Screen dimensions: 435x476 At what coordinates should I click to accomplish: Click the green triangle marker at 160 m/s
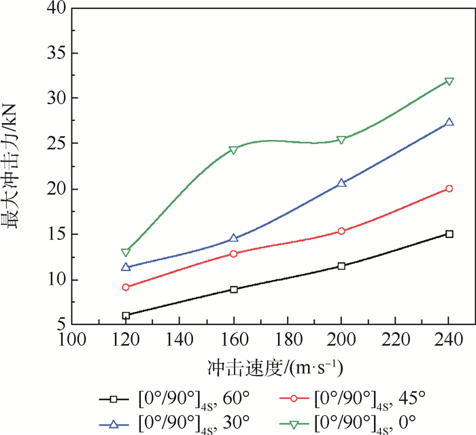coord(233,150)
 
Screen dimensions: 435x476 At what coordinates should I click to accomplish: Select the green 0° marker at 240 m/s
coord(449,82)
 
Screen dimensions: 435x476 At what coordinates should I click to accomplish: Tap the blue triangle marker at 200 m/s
coord(341,183)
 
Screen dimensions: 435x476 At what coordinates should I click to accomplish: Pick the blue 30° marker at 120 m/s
coord(126,267)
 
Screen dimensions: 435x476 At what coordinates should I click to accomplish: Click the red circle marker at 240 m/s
coord(449,188)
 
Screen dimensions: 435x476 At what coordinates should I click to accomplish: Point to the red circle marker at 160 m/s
coord(233,254)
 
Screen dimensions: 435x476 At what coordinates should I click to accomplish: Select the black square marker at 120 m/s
coord(126,315)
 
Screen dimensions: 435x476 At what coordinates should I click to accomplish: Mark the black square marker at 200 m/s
coord(341,266)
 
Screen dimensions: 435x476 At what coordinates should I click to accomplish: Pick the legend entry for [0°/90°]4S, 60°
coord(173,398)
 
